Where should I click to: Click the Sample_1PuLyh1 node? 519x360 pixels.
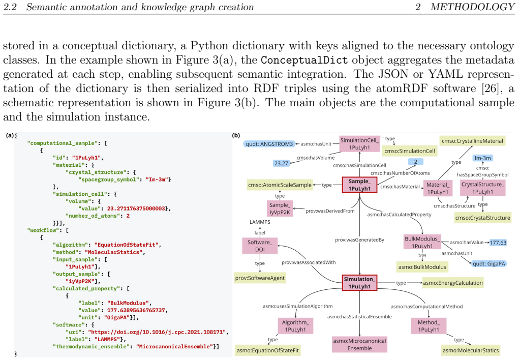tap(359, 185)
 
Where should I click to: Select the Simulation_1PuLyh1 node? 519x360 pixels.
tap(359, 283)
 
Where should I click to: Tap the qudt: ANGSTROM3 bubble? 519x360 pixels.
tap(269, 144)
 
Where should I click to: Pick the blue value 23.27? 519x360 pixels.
tap(281, 163)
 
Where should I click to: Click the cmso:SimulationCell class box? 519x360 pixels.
tap(410, 151)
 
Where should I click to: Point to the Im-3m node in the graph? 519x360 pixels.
tap(482, 158)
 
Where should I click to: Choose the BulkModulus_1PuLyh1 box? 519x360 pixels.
tap(422, 242)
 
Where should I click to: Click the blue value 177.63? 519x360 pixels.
tap(498, 243)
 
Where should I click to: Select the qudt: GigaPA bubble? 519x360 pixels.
tap(489, 263)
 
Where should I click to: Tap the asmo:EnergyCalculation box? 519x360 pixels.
tap(453, 283)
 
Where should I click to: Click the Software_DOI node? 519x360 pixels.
tap(260, 246)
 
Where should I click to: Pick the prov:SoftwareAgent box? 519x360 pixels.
tap(260, 278)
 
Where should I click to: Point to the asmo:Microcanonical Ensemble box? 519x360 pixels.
tap(359, 344)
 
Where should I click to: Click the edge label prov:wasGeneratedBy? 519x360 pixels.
tap(359, 239)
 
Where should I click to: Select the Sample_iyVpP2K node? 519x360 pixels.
tap(280, 208)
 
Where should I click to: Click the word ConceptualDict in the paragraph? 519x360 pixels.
tap(304, 61)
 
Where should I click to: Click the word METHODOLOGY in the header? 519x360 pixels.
tap(472, 7)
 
